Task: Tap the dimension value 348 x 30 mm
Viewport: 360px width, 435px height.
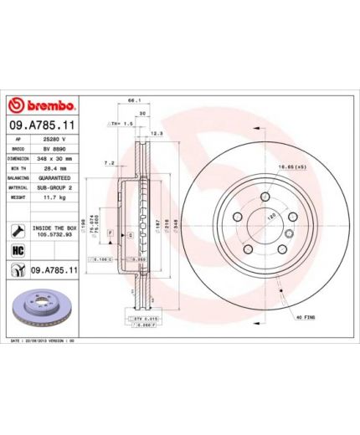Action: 56,157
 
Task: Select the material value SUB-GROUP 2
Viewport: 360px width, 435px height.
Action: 56,187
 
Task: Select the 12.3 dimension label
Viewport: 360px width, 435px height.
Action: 155,134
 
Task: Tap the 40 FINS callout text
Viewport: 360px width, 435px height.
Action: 304,318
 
